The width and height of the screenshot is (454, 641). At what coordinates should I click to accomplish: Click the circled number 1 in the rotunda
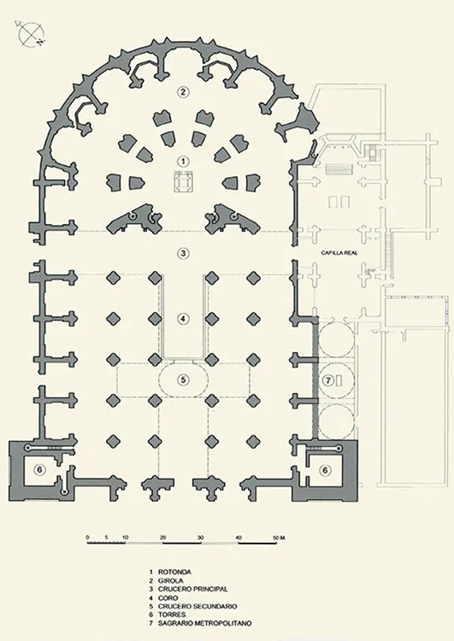pos(183,162)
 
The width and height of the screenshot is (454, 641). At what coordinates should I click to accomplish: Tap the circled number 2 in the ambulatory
pos(183,91)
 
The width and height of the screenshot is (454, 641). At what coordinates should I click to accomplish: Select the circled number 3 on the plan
pos(183,253)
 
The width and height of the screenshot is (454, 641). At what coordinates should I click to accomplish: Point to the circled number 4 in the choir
pos(183,318)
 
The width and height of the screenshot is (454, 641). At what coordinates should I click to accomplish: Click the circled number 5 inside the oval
pos(183,379)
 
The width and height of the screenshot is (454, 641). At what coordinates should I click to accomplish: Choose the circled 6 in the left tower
pos(39,470)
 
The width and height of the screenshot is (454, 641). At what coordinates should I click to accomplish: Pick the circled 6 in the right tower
pos(325,470)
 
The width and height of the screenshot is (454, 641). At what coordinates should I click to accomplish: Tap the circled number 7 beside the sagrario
pos(328,380)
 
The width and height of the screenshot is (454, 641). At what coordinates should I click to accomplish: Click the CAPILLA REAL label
pos(339,253)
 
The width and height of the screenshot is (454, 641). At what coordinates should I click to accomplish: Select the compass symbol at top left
pos(30,33)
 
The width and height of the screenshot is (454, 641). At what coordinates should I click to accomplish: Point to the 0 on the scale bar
pos(87,538)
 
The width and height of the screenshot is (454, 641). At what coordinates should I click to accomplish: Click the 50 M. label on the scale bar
pos(279,538)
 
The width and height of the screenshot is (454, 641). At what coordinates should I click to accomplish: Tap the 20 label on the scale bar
pos(162,538)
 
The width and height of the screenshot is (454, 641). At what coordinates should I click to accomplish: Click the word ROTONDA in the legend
pos(174,572)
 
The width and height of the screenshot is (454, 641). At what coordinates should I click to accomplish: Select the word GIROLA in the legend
pos(170,580)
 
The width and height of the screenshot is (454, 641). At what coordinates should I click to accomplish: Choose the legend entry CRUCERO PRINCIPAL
pos(192,589)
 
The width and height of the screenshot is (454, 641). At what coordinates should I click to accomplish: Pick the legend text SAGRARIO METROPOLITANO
pos(204,623)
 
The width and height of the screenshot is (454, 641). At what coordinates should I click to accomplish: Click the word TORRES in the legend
pos(172,615)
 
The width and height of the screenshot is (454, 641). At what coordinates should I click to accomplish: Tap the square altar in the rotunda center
pos(183,182)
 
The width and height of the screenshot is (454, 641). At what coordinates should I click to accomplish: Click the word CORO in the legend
pos(168,597)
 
